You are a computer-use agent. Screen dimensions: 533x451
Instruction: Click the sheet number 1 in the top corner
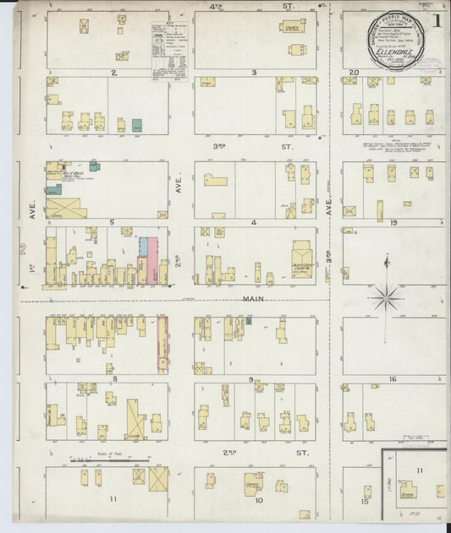pyautogui.click(x=437, y=19)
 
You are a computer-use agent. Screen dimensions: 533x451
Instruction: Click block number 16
pyautogui.click(x=393, y=379)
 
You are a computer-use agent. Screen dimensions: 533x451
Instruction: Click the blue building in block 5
pyautogui.click(x=144, y=246)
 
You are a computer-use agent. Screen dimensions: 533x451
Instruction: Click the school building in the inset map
pyautogui.click(x=408, y=492)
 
